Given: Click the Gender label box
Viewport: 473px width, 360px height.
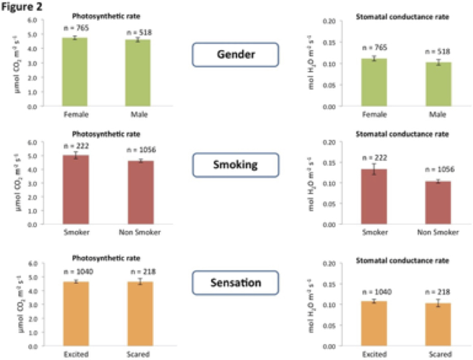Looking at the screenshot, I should point(235,55).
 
